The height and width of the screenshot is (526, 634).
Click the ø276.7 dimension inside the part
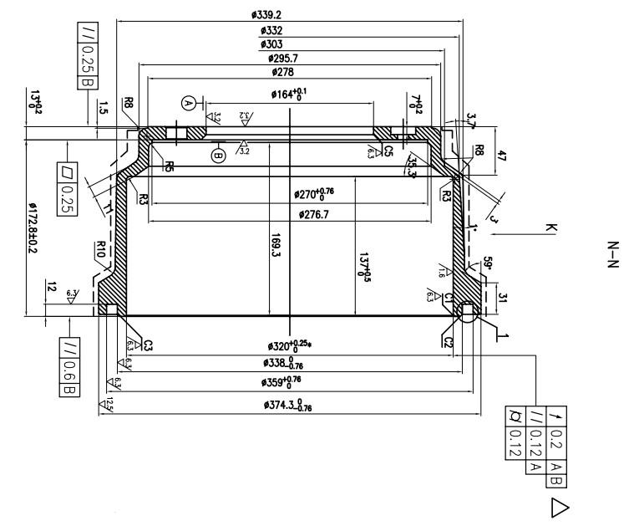(314, 215)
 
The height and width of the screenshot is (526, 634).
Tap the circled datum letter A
(188, 103)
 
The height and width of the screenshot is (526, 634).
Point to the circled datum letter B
(219, 155)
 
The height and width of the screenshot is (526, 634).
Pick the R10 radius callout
(100, 248)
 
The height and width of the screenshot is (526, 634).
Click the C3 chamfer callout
(149, 344)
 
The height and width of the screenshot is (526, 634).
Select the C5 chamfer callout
(388, 151)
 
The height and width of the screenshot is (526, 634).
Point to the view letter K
(550, 227)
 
